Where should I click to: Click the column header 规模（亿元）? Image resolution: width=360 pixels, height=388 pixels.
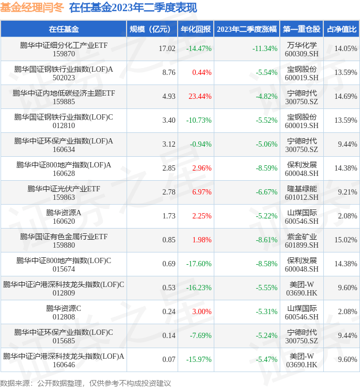coord(153,29)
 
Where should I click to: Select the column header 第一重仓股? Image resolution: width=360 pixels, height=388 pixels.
coord(302,29)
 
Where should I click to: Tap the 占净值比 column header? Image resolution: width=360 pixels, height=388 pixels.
coord(341,29)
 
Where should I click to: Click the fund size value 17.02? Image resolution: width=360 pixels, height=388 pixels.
coord(167,48)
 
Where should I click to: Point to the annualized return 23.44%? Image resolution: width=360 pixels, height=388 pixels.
coord(200,96)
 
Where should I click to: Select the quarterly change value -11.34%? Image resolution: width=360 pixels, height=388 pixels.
coord(265,48)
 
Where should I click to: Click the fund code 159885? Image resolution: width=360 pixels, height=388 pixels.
coord(64,102)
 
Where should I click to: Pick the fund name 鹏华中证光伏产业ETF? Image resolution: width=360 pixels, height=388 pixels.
coord(64,189)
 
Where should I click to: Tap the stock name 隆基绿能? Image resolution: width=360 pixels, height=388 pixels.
coord(302,189)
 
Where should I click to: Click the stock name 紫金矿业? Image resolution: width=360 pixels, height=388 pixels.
coord(302,237)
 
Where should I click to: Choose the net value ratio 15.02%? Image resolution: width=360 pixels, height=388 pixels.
coord(346,240)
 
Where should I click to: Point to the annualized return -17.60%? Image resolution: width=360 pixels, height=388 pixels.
coord(199,264)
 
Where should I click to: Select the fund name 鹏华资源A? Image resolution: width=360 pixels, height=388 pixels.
coord(64,213)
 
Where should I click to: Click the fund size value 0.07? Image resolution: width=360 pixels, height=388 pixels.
coord(169,359)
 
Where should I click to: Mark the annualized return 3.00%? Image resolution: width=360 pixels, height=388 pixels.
coord(202,311)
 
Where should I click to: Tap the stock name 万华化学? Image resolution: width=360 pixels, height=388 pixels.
coord(302,45)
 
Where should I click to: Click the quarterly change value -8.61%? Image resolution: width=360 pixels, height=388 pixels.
coord(266,240)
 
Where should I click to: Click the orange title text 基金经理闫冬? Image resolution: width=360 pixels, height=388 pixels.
coord(32,8)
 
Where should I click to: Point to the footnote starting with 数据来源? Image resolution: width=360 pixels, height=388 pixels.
coord(86,383)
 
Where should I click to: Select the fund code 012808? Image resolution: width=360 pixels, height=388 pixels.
coord(64,317)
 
